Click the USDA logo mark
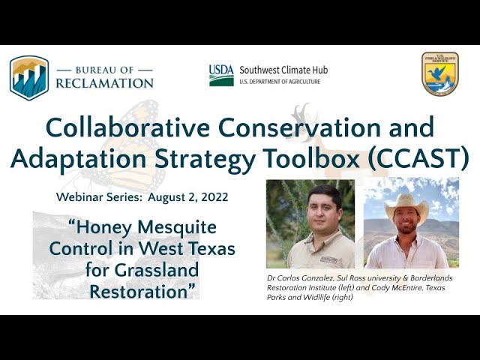[220, 75]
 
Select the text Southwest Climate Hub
[283, 70]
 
